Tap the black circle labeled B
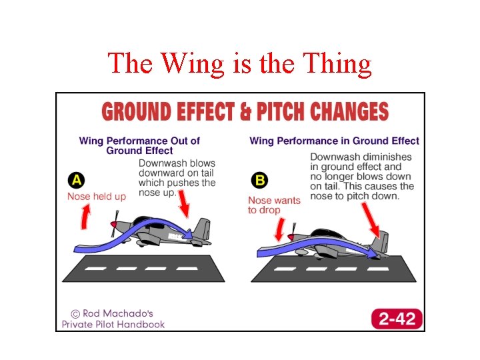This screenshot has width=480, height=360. [259, 180]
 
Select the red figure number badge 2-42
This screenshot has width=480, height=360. [397, 318]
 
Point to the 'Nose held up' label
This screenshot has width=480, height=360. [97, 196]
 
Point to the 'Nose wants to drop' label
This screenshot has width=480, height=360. [274, 205]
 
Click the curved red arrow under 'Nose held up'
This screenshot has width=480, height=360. [85, 217]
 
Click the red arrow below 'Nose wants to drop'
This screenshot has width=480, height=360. [279, 230]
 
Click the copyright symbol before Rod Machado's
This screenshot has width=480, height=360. [77, 313]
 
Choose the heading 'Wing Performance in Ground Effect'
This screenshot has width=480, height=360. [334, 141]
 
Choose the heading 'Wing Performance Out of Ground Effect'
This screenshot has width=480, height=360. [139, 145]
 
